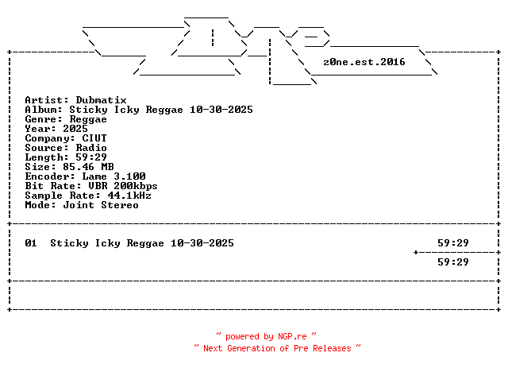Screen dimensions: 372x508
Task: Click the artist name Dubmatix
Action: [101, 100]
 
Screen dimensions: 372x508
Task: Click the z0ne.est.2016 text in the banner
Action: [364, 61]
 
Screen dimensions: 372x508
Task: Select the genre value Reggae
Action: [88, 119]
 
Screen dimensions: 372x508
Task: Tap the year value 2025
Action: [75, 129]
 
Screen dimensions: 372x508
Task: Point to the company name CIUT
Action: [94, 138]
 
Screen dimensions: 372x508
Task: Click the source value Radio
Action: [91, 148]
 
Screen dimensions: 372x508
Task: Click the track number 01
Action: [31, 243]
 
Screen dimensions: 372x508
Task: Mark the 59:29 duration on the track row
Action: [453, 243]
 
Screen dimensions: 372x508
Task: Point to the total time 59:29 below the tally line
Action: [453, 262]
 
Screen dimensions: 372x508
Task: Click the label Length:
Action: [47, 157]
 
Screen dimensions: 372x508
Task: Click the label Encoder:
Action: [50, 176]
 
